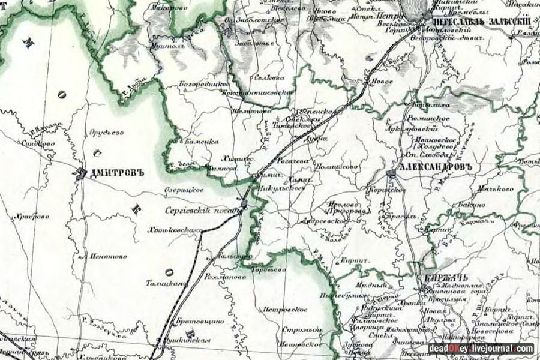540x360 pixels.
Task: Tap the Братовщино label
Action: pos(201,322)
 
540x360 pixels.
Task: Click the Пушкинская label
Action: pos(189,341)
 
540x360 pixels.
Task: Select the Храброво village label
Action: pos(33,217)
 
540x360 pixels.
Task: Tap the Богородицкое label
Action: pos(204,84)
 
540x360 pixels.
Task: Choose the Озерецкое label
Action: pos(184,190)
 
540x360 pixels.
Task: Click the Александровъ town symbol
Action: pos(391,173)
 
